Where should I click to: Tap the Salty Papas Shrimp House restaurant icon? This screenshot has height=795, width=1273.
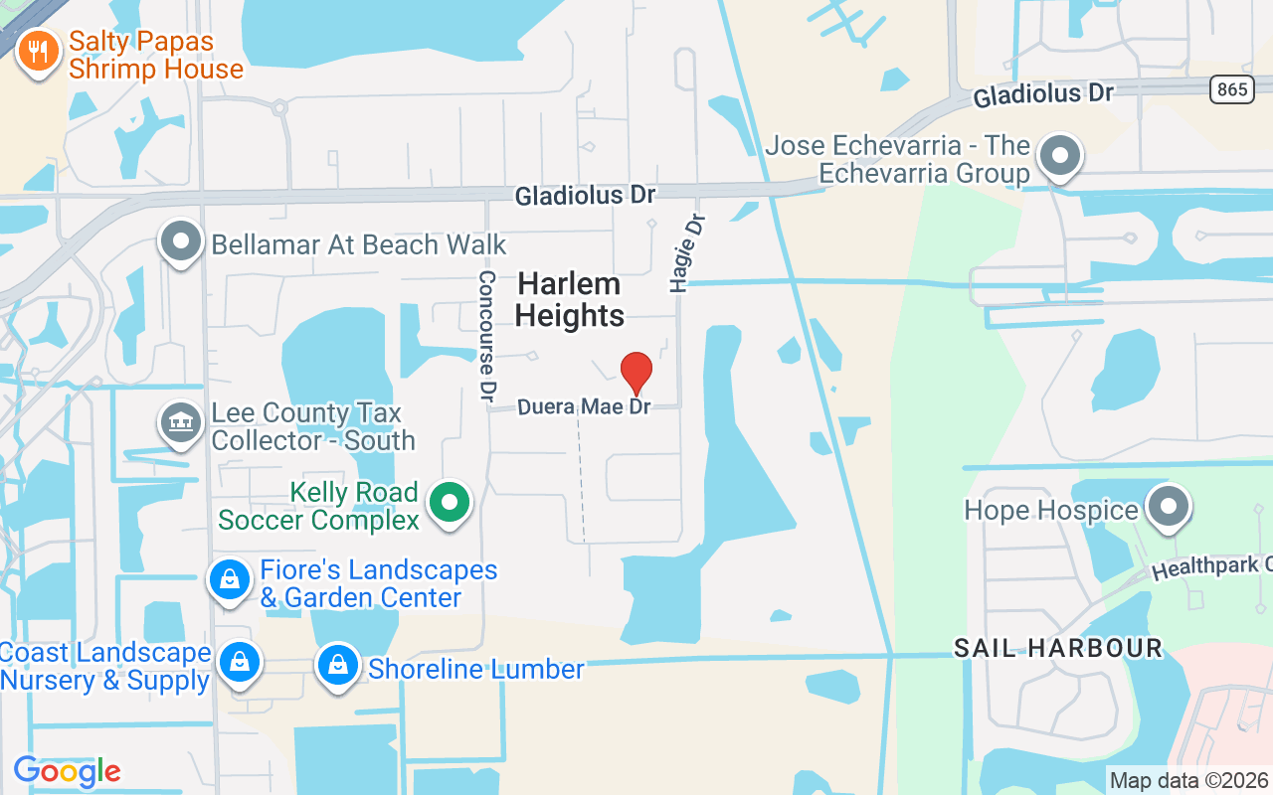[39, 53]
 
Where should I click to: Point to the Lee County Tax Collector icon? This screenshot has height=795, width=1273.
[180, 423]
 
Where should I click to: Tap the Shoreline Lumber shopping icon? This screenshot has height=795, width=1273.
[338, 665]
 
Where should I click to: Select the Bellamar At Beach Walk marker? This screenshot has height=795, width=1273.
[181, 241]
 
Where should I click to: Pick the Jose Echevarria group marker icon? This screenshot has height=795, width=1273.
[1060, 156]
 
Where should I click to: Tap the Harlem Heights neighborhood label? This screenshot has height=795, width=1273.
[570, 299]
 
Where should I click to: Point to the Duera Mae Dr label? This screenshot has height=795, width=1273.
[584, 407]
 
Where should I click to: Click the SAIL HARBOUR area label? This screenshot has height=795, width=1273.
[1057, 648]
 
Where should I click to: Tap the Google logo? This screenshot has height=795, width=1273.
[67, 771]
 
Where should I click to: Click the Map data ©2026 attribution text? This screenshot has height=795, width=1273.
[1189, 780]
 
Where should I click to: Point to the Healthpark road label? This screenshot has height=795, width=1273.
[1212, 567]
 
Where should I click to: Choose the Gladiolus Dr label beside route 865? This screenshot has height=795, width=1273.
[1042, 94]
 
